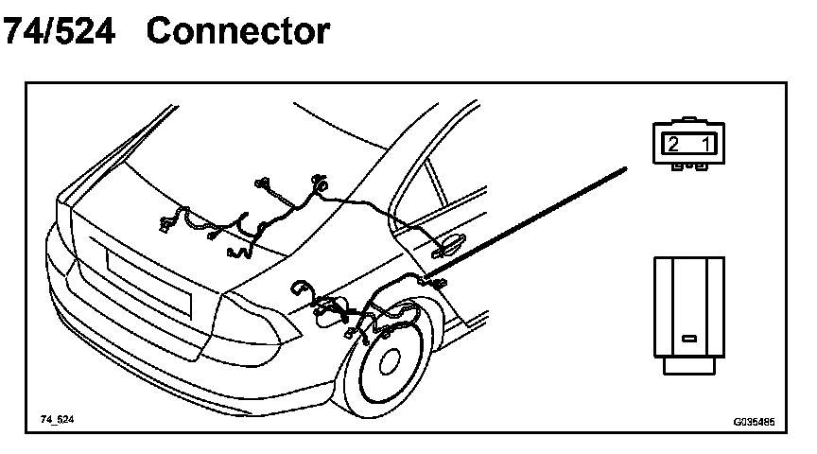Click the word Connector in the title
pos(238,31)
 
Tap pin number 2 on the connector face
pos(673,144)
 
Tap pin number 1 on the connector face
pos(706,144)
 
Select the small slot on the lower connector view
pos(689,338)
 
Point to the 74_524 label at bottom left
pos(57,418)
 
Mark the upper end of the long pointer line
pos(625,169)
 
